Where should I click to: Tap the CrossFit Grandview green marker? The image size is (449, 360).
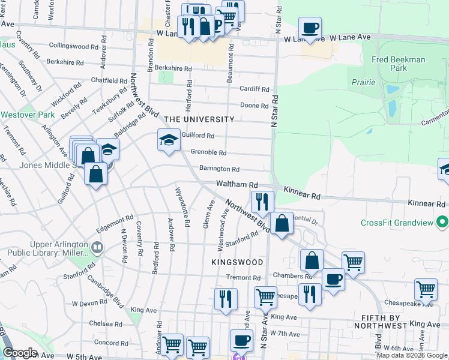point(443,223)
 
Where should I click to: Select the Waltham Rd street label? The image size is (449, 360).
point(237,185)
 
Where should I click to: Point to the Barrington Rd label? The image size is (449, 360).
point(219,169)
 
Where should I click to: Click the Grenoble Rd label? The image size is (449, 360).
point(208,153)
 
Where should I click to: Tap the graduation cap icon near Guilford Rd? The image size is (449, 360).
point(169,140)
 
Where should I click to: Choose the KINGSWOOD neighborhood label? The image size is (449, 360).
point(237,262)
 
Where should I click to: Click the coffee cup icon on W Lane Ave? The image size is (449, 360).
point(310,28)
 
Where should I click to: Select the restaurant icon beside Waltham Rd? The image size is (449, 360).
point(263,201)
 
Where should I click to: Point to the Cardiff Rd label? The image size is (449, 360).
point(255,89)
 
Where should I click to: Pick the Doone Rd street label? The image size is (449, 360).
point(254,106)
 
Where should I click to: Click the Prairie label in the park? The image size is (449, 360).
point(364,82)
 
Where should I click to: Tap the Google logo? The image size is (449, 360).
point(20,353)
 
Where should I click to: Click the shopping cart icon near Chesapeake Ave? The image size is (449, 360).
point(426,289)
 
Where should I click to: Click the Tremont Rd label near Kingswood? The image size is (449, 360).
point(244,278)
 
